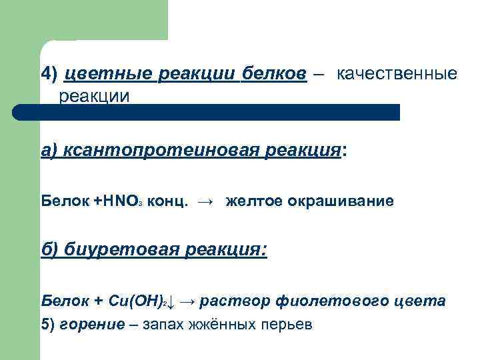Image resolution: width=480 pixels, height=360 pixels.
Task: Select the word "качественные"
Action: tap(397, 74)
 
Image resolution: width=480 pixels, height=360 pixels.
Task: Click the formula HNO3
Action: tap(121, 201)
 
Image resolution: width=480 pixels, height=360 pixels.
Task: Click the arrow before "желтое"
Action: tap(207, 201)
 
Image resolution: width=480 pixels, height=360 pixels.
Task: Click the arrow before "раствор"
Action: tap(187, 301)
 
